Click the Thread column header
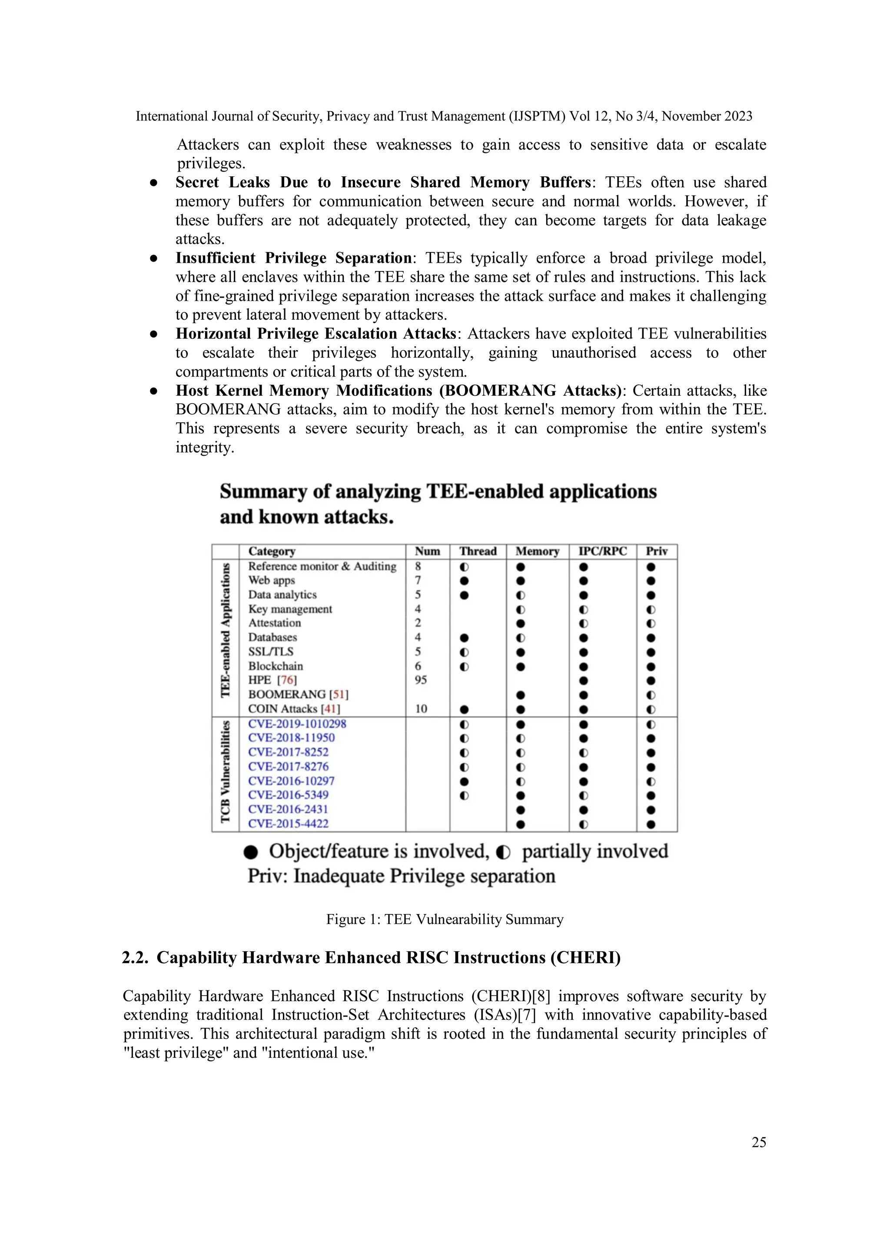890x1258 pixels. tap(477, 551)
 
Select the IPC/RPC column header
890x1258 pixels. tap(602, 551)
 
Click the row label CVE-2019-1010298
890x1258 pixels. tap(297, 724)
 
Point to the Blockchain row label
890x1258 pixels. tap(275, 666)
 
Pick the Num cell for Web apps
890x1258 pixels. tap(418, 580)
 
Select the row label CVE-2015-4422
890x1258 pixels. tap(288, 824)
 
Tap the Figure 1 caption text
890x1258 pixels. tap(445, 920)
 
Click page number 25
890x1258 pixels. tap(758, 1142)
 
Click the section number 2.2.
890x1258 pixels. tap(134, 958)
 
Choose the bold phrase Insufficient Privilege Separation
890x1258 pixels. tap(293, 258)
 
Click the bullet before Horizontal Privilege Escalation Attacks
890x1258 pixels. tap(154, 334)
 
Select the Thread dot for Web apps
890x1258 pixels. tap(464, 581)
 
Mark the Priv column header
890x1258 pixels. tap(656, 551)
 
